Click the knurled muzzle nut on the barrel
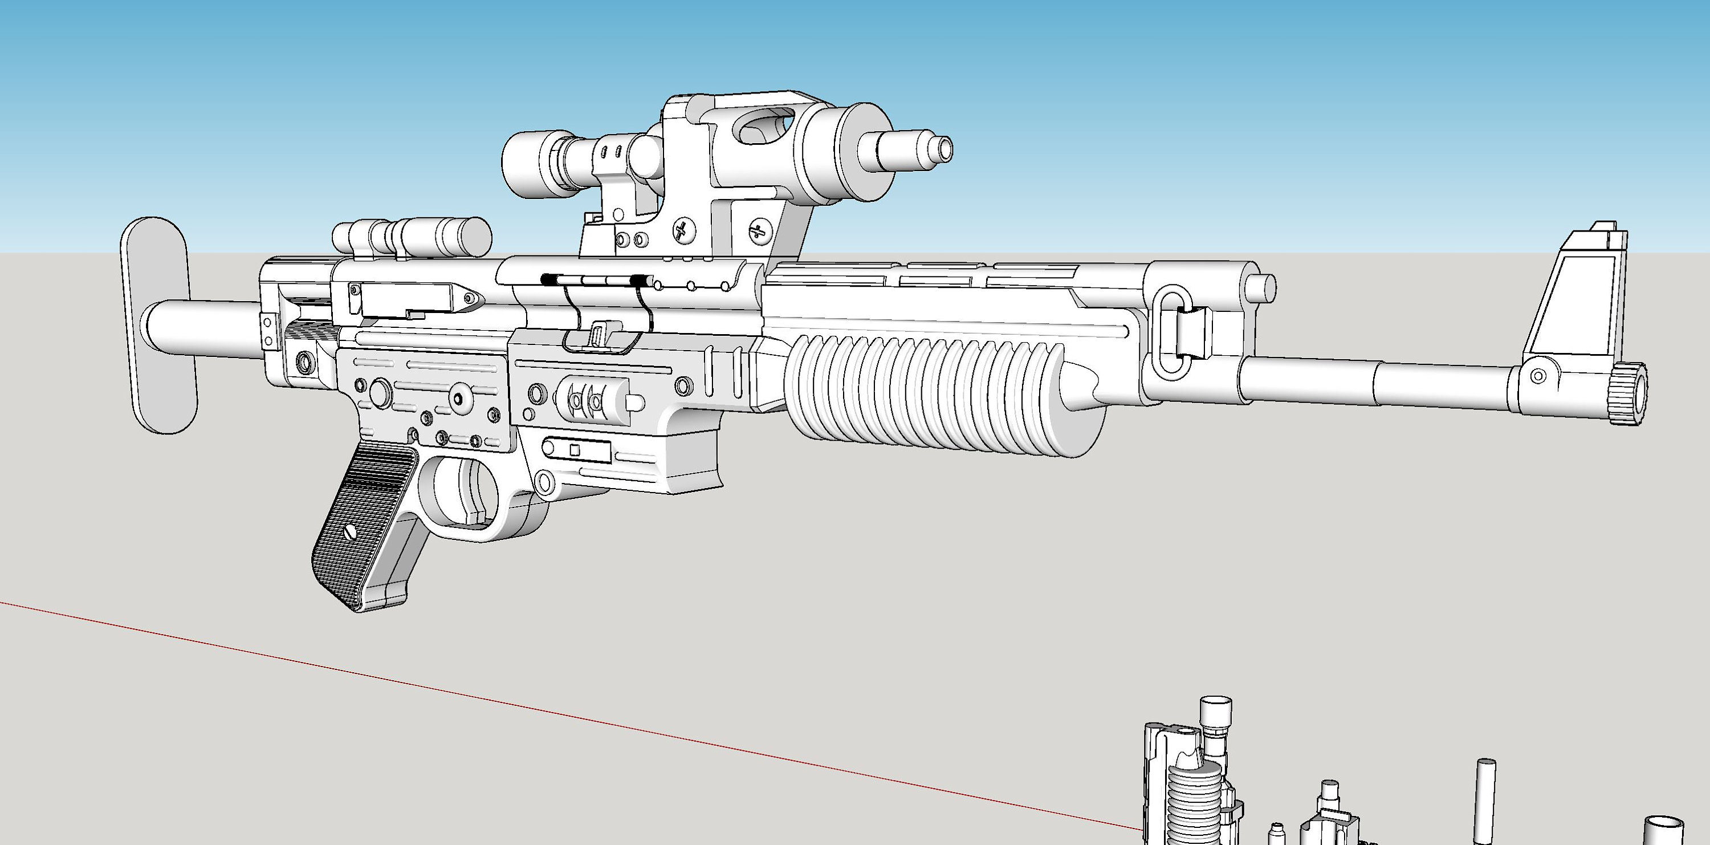click(1629, 395)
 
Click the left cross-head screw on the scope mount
click(682, 231)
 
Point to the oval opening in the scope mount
click(763, 126)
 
